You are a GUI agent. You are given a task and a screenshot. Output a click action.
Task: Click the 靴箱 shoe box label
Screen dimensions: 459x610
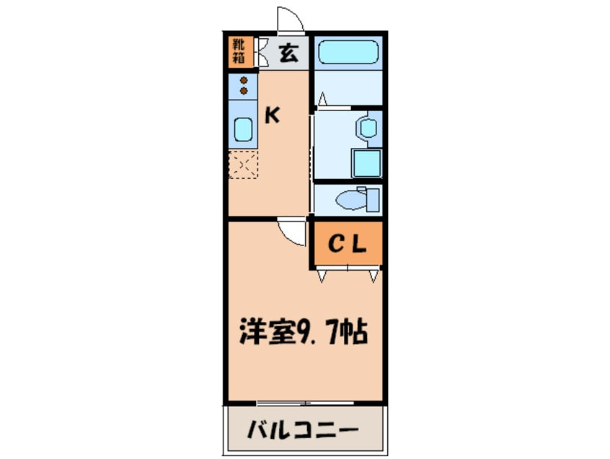pos(238,51)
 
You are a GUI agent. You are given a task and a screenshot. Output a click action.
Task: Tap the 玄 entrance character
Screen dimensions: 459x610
pos(287,53)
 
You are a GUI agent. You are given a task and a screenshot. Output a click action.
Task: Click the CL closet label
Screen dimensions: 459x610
pos(348,244)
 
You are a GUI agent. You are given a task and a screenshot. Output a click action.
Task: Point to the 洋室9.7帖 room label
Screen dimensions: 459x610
pos(304,333)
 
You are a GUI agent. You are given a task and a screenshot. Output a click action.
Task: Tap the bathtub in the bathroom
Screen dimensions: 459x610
pos(348,52)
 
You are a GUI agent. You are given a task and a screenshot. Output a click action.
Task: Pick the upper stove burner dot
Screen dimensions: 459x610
pos(243,80)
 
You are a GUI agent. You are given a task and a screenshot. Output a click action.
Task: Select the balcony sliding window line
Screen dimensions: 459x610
pos(284,401)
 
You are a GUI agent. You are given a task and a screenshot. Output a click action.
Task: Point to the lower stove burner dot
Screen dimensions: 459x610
pos(243,91)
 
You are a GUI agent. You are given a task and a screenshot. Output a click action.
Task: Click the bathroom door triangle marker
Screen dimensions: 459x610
pos(323,98)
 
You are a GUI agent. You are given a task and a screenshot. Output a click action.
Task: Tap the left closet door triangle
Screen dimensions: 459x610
pos(322,275)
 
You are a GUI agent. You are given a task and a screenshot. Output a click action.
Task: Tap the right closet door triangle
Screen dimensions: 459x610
pos(373,275)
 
